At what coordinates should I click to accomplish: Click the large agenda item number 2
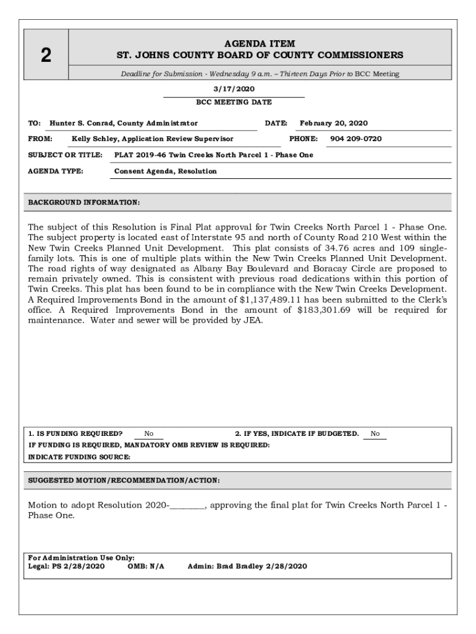(x=46, y=56)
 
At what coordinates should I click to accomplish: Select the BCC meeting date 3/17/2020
(x=234, y=89)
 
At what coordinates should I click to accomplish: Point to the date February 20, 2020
(x=333, y=123)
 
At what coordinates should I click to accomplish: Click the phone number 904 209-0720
(x=355, y=139)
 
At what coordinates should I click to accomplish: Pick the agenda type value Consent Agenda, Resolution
(x=165, y=171)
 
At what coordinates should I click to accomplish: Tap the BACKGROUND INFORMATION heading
(x=84, y=202)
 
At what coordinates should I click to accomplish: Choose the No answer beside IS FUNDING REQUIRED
(x=149, y=434)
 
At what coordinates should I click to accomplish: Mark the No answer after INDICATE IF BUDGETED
(x=375, y=434)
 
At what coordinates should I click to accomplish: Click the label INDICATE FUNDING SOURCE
(x=79, y=457)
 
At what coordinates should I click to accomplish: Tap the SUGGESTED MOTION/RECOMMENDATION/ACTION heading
(x=124, y=480)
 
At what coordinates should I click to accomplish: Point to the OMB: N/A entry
(x=146, y=566)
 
